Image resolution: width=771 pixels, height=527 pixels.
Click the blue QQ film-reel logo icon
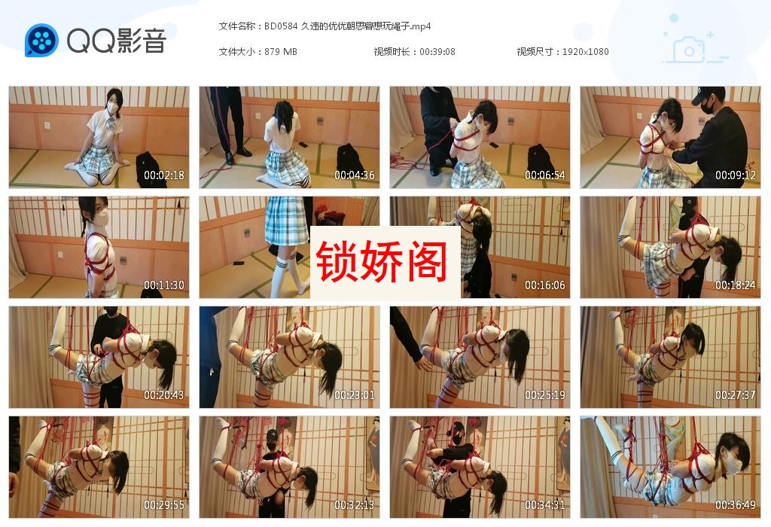click(x=41, y=40)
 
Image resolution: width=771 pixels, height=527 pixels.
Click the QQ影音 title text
click(x=116, y=40)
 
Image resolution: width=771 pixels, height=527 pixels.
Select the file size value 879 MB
click(x=281, y=51)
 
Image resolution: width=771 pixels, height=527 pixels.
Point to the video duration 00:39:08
click(x=437, y=51)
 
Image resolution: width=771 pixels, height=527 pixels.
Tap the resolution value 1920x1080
click(x=585, y=51)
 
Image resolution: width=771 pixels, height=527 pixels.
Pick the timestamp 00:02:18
click(x=164, y=175)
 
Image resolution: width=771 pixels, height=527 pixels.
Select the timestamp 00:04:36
click(x=355, y=175)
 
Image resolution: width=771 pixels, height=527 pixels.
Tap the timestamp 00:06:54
click(x=545, y=175)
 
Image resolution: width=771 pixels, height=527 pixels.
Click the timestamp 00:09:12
click(x=736, y=175)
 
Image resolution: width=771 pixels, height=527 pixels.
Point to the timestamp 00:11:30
click(x=164, y=285)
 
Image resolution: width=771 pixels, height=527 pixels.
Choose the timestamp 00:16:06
click(x=545, y=285)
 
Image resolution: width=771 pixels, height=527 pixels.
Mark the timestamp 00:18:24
click(x=736, y=285)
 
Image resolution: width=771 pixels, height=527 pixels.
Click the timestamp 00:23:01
click(x=355, y=395)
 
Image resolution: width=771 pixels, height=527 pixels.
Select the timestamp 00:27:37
click(x=736, y=395)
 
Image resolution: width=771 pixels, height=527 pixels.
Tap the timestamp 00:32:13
click(x=355, y=505)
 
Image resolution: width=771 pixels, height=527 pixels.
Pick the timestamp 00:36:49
click(x=736, y=505)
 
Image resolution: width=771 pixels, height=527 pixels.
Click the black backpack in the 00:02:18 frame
click(x=151, y=169)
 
